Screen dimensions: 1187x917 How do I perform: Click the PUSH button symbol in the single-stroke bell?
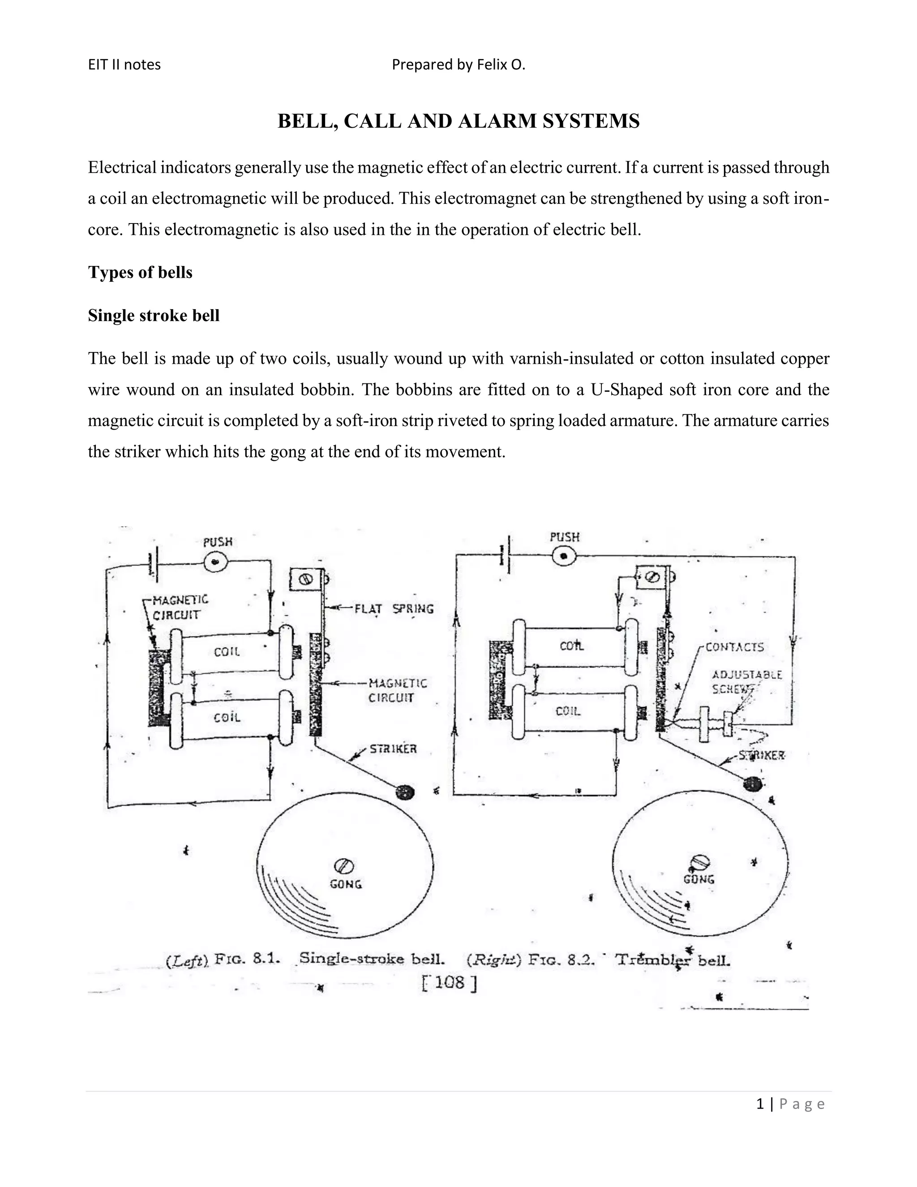216,563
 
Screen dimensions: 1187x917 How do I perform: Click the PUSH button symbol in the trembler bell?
564,556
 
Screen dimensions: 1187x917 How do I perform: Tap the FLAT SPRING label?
394,609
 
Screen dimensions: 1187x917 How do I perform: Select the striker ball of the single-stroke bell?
405,792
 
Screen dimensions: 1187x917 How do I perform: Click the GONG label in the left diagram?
346,884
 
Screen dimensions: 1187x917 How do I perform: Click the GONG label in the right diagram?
698,879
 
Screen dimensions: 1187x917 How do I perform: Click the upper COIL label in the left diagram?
227,652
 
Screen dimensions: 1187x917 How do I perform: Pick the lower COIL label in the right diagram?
568,711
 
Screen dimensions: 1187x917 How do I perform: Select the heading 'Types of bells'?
140,272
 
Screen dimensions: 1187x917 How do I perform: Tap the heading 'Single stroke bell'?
154,316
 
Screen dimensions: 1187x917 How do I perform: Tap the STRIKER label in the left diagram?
393,749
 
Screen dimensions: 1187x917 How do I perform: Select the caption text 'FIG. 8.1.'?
248,958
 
